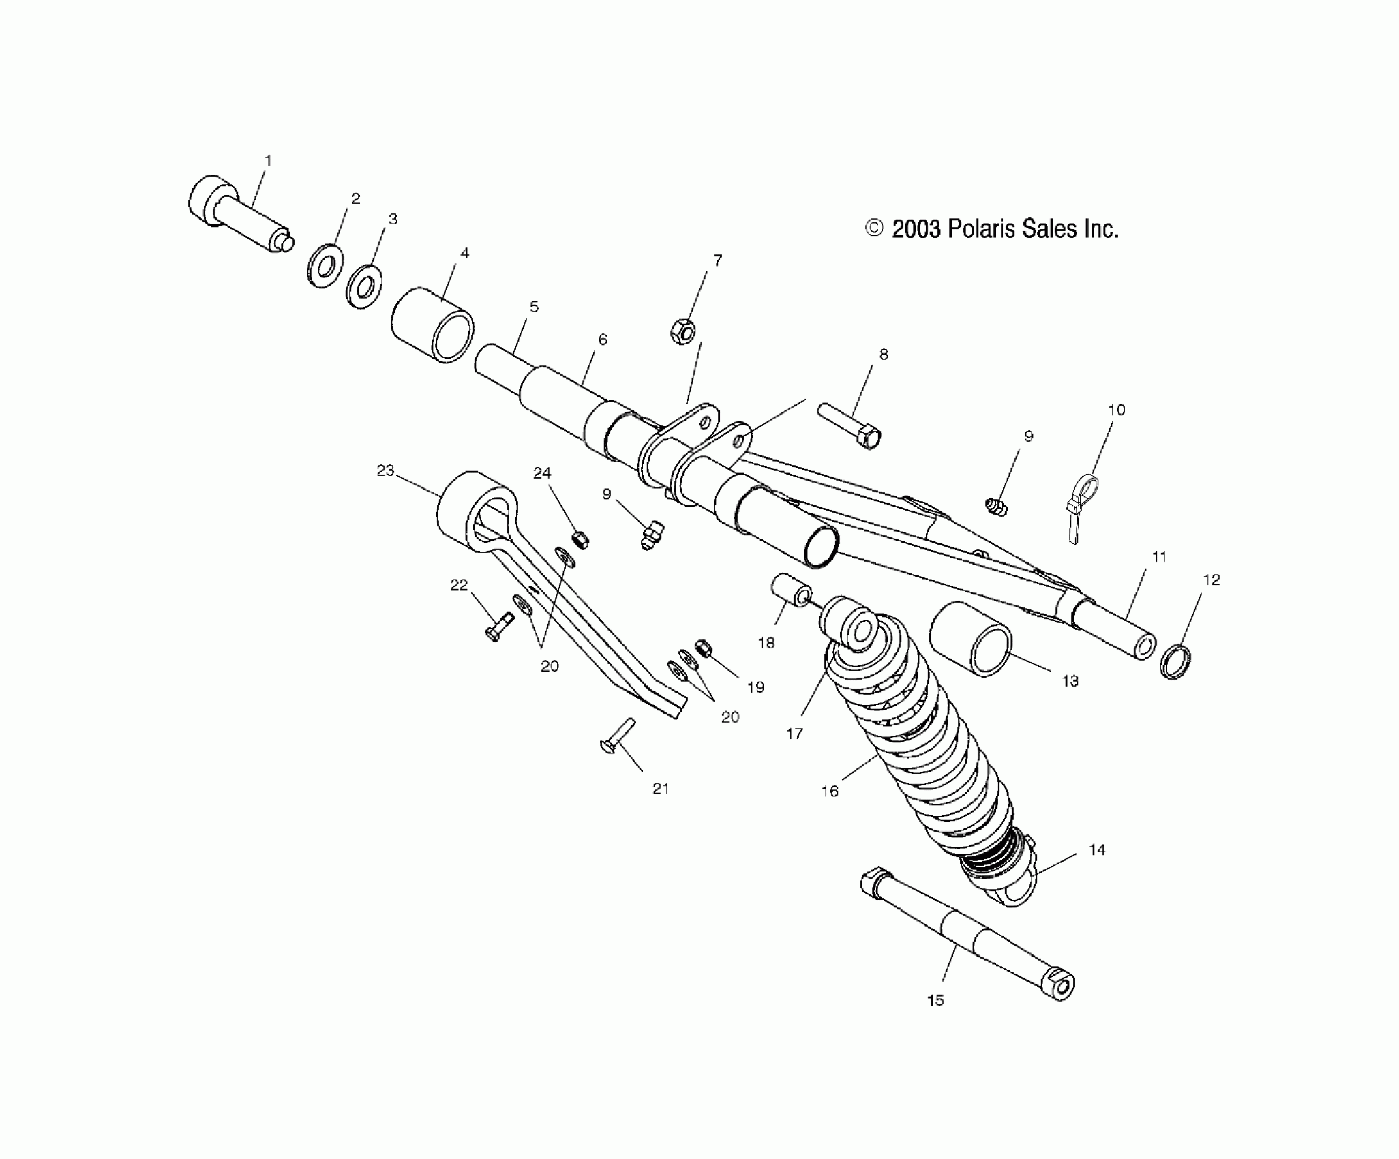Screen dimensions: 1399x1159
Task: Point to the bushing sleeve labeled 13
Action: coord(970,639)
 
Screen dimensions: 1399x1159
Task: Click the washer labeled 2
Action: coord(325,265)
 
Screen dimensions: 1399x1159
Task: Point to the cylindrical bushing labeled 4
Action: coord(433,324)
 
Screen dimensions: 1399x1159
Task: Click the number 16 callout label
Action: coord(830,791)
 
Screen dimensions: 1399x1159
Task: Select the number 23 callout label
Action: coord(385,470)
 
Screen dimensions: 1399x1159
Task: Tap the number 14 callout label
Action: coord(1097,849)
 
